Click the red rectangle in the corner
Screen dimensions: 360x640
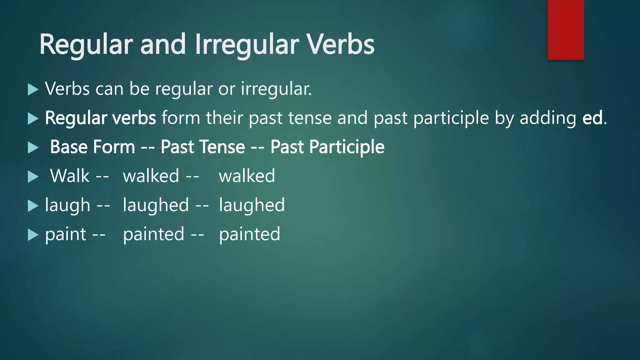coord(566,30)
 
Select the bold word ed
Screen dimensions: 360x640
coord(592,118)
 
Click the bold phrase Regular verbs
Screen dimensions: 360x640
coord(100,118)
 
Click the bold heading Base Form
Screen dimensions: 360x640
coord(92,147)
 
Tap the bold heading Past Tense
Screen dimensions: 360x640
coord(203,147)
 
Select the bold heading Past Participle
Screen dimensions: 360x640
coord(327,147)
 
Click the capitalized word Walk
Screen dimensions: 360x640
coord(70,176)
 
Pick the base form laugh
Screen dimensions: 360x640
coord(67,205)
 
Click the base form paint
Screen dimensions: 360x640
coord(65,234)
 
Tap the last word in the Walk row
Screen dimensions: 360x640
coord(247,176)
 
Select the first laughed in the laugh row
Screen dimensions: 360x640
coord(156,205)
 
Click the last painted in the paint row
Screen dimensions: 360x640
coord(249,234)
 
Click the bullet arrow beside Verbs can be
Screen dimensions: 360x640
coord(33,89)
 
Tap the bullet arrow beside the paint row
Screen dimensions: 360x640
coord(33,235)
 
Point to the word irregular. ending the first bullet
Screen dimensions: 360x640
coord(276,89)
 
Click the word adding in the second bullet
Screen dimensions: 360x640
coord(548,118)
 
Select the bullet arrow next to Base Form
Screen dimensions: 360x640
coord(33,147)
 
